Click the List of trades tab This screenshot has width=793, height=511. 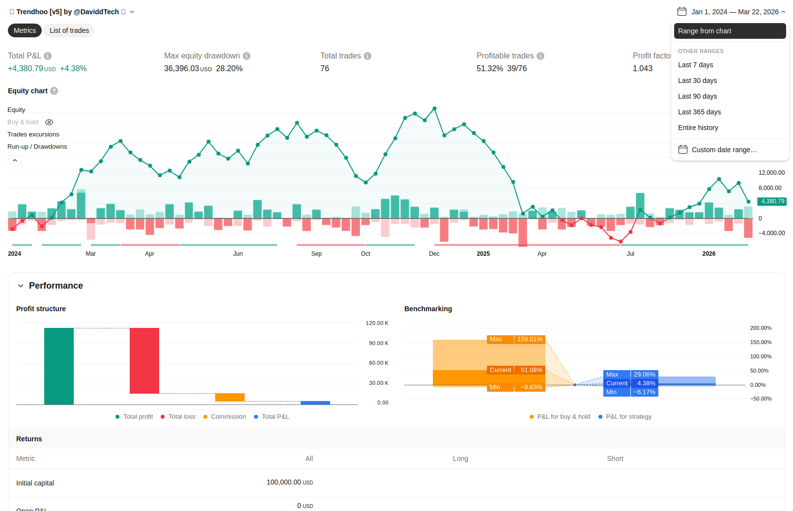tap(69, 30)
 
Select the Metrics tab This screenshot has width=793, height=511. tap(25, 30)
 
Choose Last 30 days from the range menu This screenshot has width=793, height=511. tap(697, 81)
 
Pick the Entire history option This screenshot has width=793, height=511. tap(698, 128)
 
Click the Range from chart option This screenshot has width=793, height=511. tap(730, 31)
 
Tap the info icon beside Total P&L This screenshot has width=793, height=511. tap(48, 56)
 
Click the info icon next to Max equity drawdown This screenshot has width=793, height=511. tap(247, 56)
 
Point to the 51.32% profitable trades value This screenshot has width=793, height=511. tap(490, 69)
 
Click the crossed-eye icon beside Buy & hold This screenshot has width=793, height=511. tap(49, 122)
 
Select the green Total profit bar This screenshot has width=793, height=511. tap(59, 366)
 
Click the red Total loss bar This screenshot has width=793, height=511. tap(144, 361)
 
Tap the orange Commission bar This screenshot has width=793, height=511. tap(230, 397)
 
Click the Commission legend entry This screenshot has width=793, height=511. tap(225, 417)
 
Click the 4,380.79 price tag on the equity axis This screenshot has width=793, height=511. tap(772, 201)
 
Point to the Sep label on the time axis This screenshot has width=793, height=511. tap(316, 254)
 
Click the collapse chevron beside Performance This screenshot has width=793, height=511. tap(21, 286)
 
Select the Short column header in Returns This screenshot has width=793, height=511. tap(615, 458)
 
